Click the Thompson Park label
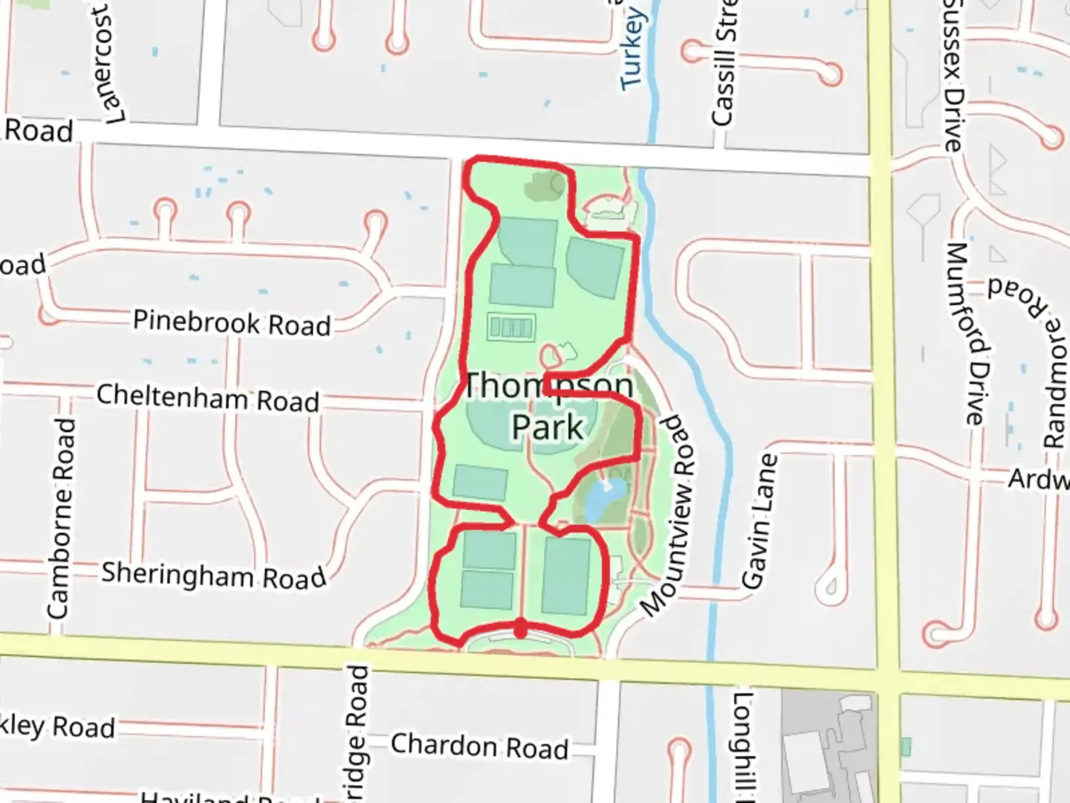[x=548, y=407]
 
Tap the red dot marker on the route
[x=521, y=628]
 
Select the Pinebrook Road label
[x=231, y=323]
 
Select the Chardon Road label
[x=479, y=745]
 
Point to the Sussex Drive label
[x=953, y=74]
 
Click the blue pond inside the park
[x=603, y=500]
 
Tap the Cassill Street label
[x=724, y=63]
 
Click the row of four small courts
[x=511, y=326]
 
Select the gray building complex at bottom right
[x=829, y=744]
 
